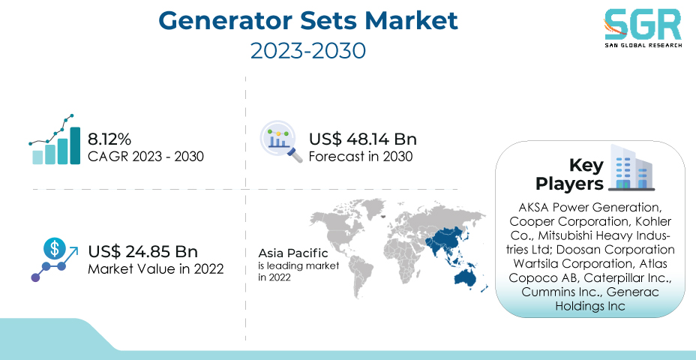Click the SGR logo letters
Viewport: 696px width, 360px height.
click(x=642, y=25)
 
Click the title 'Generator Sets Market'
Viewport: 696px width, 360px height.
click(x=308, y=20)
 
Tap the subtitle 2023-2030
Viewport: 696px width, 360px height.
click(x=308, y=50)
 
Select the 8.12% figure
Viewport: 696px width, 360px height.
click(x=109, y=139)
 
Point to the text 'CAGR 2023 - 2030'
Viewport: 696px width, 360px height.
click(x=145, y=156)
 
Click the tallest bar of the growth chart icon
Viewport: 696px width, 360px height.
click(x=75, y=145)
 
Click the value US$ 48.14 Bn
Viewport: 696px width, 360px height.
click(x=363, y=139)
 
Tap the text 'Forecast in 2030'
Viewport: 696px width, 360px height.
click(x=361, y=156)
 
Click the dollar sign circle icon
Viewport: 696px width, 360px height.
click(x=55, y=248)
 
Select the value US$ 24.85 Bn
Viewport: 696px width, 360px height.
click(x=143, y=252)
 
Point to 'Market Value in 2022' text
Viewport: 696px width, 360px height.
click(x=156, y=269)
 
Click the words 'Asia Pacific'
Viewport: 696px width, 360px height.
click(x=293, y=253)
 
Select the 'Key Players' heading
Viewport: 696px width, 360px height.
click(x=570, y=175)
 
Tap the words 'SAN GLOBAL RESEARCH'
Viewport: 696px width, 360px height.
click(x=643, y=45)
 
